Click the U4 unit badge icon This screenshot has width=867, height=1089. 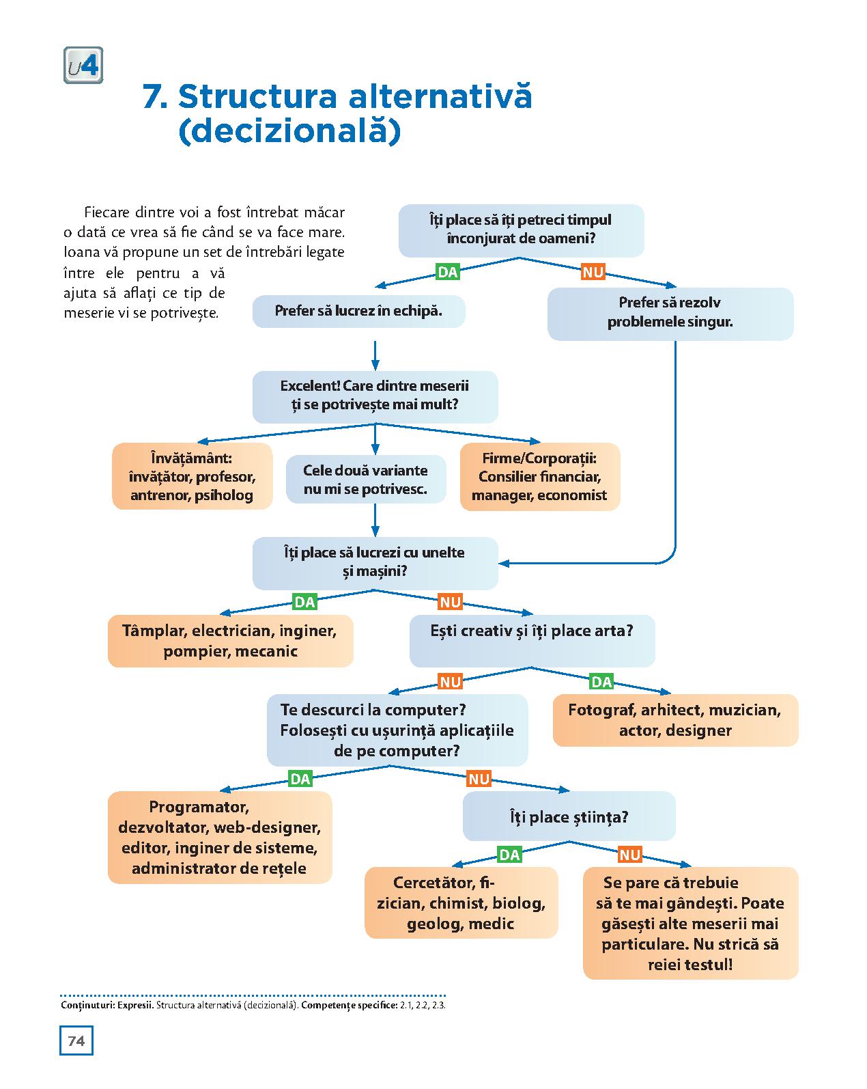click(83, 66)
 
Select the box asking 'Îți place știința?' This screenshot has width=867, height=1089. click(569, 816)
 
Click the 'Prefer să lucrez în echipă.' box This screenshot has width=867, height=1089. click(358, 312)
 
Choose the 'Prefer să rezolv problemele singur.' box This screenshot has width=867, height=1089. click(670, 313)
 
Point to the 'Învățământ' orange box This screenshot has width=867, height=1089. click(192, 476)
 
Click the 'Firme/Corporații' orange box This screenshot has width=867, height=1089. click(539, 476)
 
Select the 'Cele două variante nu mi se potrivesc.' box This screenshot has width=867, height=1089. click(365, 480)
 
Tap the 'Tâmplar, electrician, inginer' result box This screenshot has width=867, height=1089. click(230, 640)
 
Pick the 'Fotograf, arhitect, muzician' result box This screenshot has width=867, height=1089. click(674, 720)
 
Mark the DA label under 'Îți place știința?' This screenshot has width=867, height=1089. click(510, 855)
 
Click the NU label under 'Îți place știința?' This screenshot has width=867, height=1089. click(629, 855)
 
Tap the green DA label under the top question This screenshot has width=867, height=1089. click(447, 272)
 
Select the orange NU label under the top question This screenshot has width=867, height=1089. click(593, 272)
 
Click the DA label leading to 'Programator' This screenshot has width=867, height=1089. click(300, 779)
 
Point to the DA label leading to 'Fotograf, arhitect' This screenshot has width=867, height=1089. click(601, 681)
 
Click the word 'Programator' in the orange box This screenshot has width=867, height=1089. click(199, 807)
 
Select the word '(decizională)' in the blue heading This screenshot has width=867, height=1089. click(289, 132)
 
